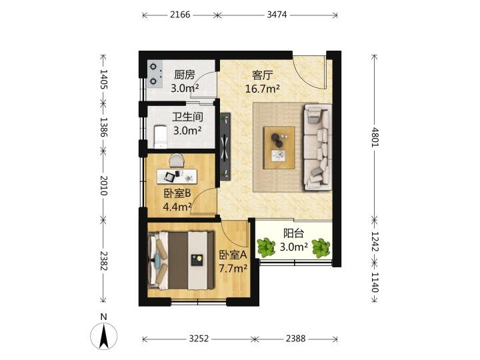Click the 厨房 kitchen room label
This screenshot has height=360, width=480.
[184, 75]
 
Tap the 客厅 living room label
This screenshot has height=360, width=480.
[263, 75]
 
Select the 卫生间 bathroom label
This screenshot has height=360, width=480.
[187, 117]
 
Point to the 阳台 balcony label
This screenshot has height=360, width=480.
[293, 233]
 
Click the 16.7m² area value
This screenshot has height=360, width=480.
[263, 89]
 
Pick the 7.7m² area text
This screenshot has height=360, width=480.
[233, 269]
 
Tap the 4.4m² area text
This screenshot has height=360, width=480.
[177, 207]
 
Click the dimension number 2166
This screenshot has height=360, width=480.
[180, 15]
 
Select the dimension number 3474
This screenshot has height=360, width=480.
[277, 15]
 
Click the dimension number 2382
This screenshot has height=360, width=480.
[103, 261]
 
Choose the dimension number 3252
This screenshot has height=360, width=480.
[199, 338]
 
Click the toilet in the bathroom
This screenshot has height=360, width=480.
[160, 137]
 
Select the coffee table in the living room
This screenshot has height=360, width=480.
[279, 147]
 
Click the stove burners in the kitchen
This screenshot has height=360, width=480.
[154, 74]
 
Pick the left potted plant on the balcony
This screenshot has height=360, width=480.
[266, 247]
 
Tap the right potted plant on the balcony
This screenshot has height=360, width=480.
[321, 247]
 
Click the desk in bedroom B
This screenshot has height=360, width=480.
[177, 176]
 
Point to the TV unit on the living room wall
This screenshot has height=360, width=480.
[225, 147]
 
